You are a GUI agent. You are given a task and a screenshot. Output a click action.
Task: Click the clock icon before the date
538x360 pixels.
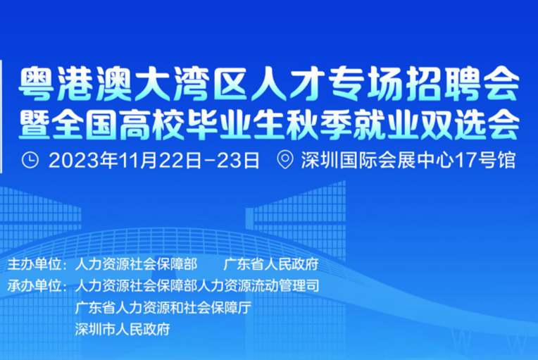(30, 160)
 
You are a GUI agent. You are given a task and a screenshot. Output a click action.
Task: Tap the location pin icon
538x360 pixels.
(285, 160)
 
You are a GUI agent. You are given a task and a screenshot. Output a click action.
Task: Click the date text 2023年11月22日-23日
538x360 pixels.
(154, 160)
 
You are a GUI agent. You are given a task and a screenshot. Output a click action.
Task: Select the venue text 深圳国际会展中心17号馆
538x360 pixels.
(408, 160)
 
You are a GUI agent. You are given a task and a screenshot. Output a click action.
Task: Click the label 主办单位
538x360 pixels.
(35, 265)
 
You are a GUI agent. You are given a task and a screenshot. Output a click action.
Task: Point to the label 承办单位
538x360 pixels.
(35, 285)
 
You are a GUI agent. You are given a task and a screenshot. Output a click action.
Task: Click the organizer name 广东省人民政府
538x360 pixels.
(271, 265)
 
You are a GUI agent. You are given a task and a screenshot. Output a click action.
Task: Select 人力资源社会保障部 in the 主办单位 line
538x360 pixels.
(136, 265)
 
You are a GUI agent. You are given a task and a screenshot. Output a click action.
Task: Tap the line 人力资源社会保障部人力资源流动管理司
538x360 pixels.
(197, 285)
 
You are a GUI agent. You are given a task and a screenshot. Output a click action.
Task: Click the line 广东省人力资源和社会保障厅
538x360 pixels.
(163, 307)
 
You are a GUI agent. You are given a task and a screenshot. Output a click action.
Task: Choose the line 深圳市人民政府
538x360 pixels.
(123, 329)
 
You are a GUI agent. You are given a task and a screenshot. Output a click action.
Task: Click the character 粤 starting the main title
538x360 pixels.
(36, 84)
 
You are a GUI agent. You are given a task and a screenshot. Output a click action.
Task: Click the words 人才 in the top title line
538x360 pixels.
(285, 84)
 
